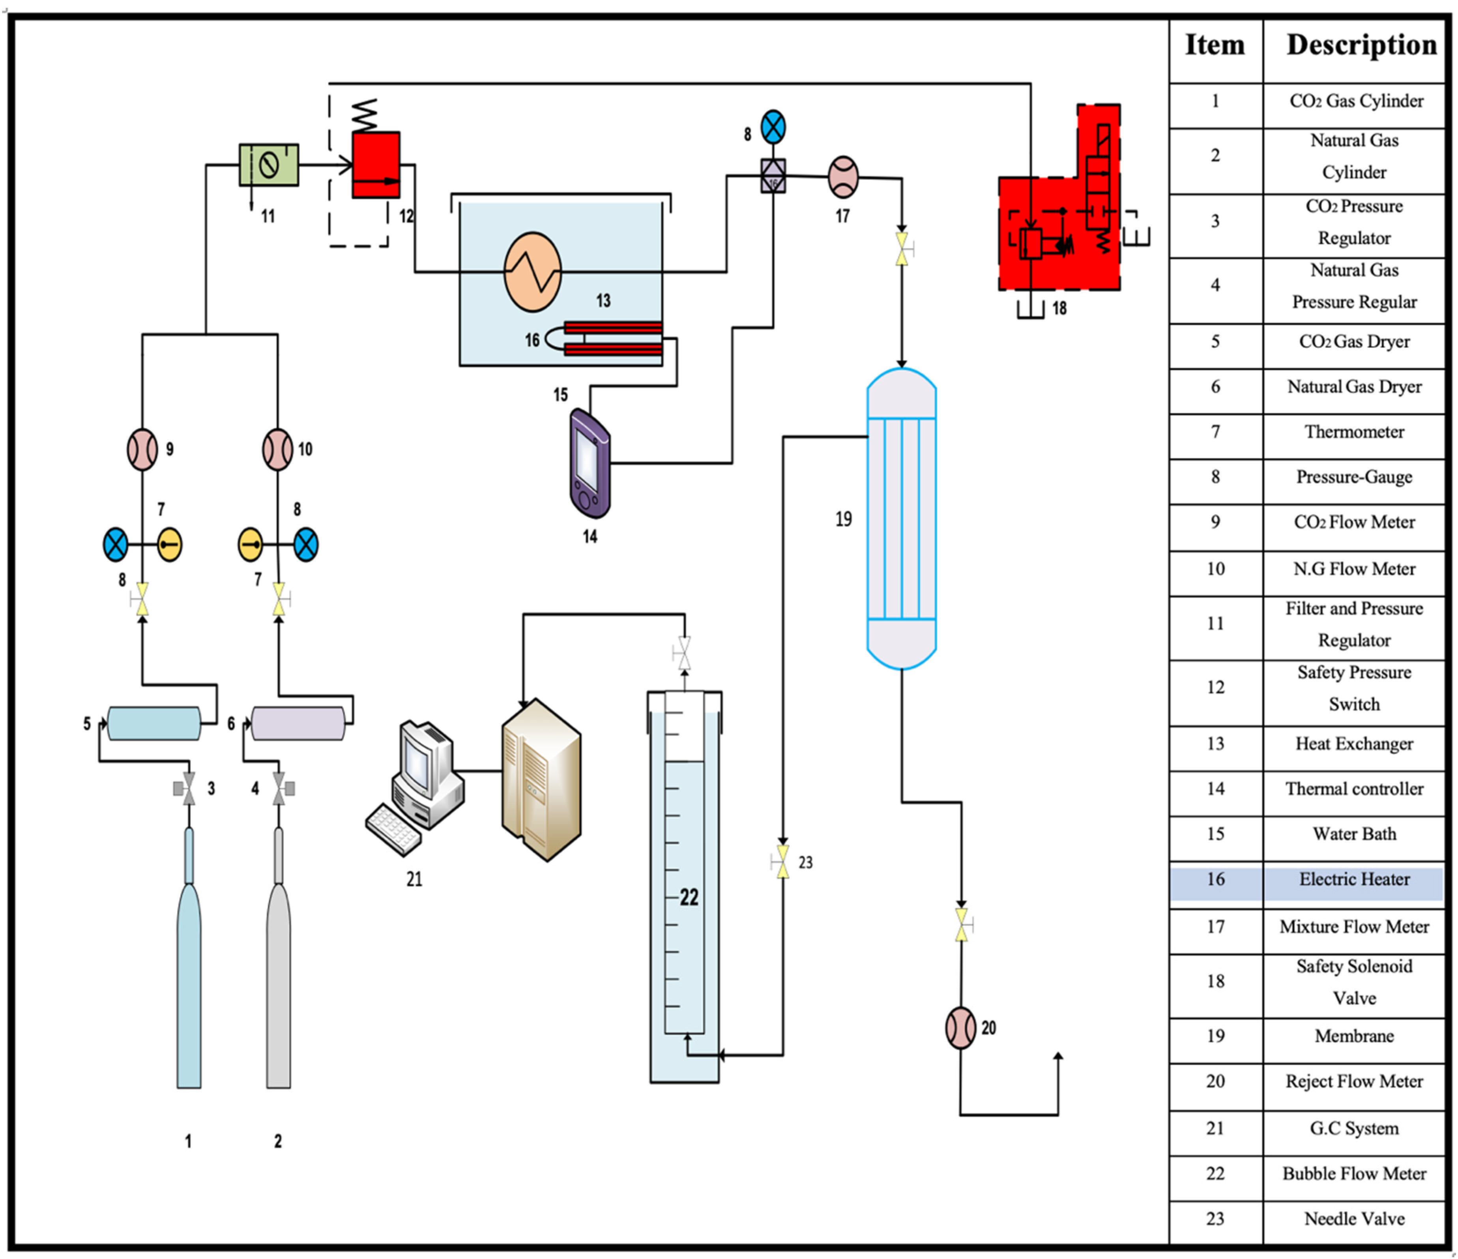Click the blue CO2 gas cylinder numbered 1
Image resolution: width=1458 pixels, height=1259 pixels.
coord(189,957)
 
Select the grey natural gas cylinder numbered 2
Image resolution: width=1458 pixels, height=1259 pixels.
coord(279,957)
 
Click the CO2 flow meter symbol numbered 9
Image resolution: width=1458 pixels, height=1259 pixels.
coord(142,450)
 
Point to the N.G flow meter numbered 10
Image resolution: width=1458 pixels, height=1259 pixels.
coord(277,450)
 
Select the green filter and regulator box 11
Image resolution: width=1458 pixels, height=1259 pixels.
coord(269,165)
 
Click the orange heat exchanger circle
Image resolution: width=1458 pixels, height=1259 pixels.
coord(533,272)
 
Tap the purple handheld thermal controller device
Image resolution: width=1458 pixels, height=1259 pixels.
coord(590,463)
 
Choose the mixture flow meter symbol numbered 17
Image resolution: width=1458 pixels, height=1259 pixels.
coord(843,177)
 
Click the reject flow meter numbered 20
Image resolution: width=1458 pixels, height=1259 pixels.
coord(960,1028)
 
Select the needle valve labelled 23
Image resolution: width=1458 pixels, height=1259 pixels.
coord(782,862)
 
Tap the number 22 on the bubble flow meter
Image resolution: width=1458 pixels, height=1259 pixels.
coord(689,897)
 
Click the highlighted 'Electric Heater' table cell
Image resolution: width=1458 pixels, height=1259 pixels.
coord(1354,880)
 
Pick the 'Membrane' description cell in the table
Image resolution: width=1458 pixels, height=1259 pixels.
coord(1354,1036)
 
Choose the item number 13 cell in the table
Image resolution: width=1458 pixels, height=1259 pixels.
coord(1215,744)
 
